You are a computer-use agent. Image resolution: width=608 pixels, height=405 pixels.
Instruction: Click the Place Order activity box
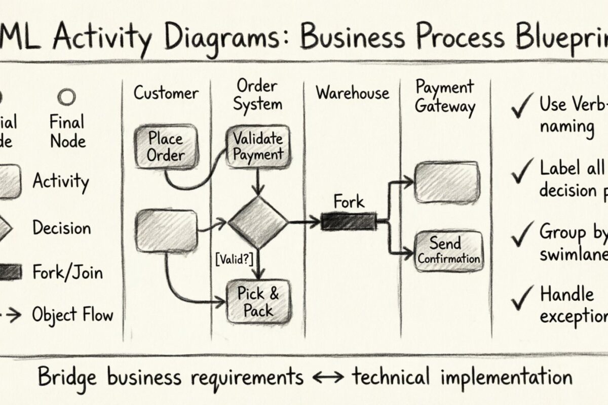pos(165,147)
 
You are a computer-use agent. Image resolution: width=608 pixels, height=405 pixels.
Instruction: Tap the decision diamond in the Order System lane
pos(258,222)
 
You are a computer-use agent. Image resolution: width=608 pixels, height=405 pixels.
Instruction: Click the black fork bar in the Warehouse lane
pos(349,222)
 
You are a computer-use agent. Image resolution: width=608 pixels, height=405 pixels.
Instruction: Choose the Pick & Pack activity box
pos(258,302)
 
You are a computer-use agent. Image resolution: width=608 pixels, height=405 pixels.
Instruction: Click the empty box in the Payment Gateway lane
pos(446,182)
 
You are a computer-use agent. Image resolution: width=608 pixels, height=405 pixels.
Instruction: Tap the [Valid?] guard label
pos(234,259)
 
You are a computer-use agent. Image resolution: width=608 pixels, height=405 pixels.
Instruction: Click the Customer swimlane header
pos(166,93)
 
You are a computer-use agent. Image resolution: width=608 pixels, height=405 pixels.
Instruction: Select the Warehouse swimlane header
pos(353,93)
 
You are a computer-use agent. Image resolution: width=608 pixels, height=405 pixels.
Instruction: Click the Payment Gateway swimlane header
pos(445,97)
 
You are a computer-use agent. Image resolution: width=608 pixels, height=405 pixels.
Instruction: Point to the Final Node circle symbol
pos(66,97)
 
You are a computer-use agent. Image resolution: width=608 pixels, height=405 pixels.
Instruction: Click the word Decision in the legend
pos(61,228)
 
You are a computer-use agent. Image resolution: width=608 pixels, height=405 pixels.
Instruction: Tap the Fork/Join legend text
pos(67,273)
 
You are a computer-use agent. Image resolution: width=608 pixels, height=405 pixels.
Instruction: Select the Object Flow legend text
pos(72,315)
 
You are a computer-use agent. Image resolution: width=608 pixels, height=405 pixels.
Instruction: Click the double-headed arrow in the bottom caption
pos(327,378)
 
